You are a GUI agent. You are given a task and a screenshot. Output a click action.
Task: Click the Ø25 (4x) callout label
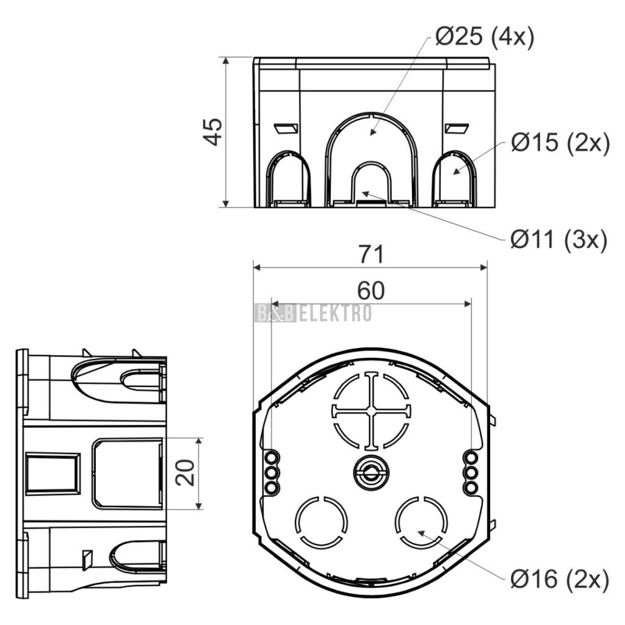pos(484,37)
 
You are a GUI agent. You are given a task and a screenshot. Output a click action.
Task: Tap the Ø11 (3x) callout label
pos(559,239)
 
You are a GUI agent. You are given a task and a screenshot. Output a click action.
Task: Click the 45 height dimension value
pos(212,132)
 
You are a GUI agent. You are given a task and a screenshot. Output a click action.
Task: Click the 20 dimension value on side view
pos(186,473)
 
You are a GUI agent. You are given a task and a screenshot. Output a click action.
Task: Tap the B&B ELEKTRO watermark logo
pos(313,313)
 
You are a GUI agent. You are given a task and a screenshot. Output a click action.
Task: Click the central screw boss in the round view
pos(371,473)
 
